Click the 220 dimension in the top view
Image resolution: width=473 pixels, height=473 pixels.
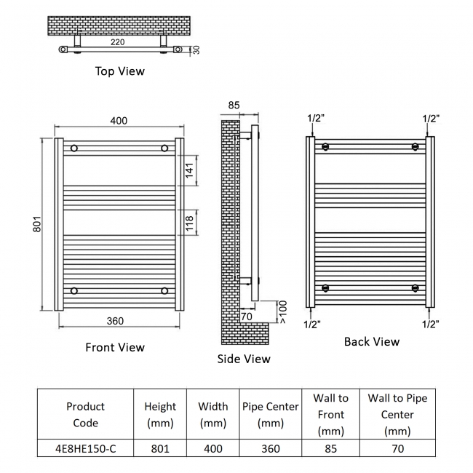point(117,42)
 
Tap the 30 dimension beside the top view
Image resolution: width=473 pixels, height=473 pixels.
point(196,49)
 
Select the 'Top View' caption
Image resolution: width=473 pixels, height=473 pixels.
point(120,71)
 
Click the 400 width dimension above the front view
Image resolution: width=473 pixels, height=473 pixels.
point(119,121)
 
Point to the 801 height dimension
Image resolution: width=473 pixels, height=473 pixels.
point(37,224)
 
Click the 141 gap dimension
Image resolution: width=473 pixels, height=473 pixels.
point(189,170)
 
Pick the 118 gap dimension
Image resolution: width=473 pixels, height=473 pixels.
point(189,223)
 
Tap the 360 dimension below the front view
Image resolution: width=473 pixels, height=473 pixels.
point(115,321)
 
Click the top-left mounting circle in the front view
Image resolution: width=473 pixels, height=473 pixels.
point(74,148)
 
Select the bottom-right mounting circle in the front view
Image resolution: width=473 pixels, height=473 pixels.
point(164,291)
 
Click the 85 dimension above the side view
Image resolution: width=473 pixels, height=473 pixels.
point(234,106)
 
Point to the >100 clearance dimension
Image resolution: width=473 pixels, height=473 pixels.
point(282,312)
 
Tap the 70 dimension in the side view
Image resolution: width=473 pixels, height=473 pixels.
point(247,317)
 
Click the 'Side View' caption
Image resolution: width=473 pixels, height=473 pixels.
point(244,359)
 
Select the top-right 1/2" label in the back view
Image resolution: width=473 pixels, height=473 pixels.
point(431,119)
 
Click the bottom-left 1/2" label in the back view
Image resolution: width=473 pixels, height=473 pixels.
point(312,325)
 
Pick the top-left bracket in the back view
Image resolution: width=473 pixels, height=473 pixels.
point(325,146)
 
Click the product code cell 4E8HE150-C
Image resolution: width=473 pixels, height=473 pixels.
point(85,448)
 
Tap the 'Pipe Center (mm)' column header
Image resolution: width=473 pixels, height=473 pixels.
point(271,415)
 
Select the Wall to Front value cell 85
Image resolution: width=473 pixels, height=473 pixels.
point(331,448)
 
